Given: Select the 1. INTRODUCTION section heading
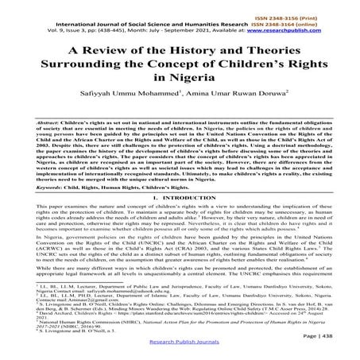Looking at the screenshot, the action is pyautogui.click(x=180, y=203).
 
